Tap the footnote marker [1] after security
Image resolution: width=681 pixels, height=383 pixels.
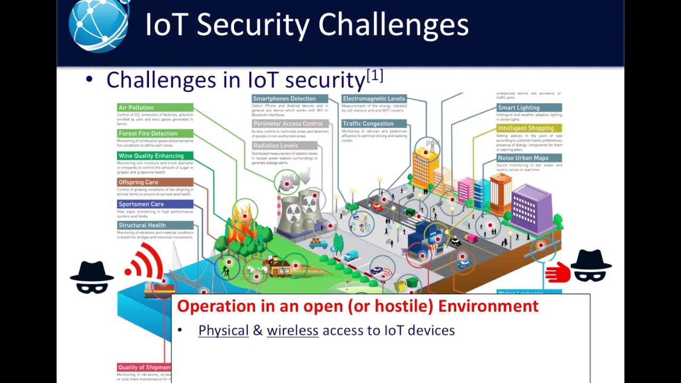coord(375,76)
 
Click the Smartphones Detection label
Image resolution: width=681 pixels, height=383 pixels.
coord(284,99)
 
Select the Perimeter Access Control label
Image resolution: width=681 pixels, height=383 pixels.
coord(287,124)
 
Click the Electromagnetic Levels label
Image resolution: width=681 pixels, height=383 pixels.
coord(374,99)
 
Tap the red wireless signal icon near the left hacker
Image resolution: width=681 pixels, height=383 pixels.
coord(145,262)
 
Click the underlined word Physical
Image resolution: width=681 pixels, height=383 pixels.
coord(223,330)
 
